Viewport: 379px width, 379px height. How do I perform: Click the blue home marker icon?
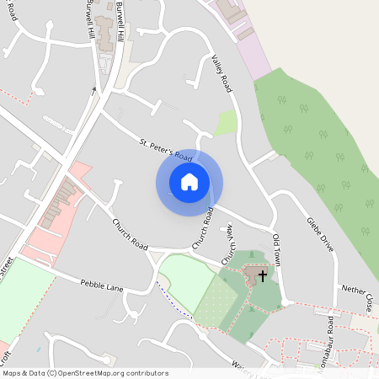click(x=189, y=181)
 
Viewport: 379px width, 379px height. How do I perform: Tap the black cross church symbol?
click(x=262, y=275)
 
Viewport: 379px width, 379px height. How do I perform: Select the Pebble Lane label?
click(x=103, y=286)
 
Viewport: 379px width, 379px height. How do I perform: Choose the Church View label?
click(x=227, y=244)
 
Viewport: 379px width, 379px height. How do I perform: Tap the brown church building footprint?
click(x=253, y=275)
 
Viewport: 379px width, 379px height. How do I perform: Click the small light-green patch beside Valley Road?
click(x=227, y=123)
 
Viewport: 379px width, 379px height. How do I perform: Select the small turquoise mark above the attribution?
click(x=39, y=348)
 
